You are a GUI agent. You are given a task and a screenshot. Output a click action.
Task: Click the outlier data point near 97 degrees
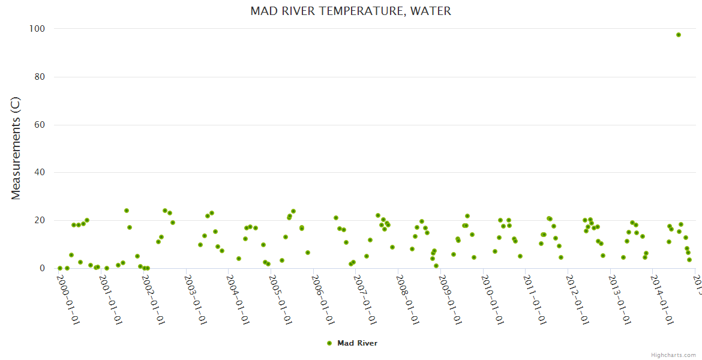(x=679, y=35)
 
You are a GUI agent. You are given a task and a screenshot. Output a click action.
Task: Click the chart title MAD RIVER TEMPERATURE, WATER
(x=350, y=11)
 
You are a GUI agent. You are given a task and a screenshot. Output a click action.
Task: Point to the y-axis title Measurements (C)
(x=16, y=148)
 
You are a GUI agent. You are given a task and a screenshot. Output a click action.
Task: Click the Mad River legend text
(x=357, y=343)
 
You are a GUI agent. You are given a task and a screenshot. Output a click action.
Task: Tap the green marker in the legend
(x=329, y=343)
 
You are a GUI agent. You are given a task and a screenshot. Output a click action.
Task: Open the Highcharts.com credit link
(x=673, y=355)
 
